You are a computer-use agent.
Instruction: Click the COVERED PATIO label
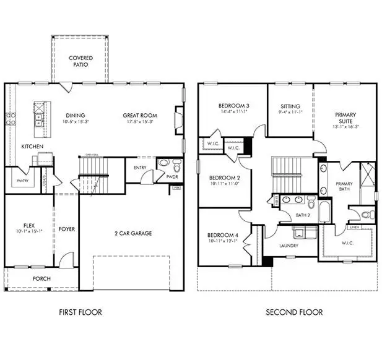(x=81, y=61)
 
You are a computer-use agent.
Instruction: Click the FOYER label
(x=66, y=229)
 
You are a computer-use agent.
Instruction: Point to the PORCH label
(x=41, y=278)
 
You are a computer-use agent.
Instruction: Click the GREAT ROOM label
(x=139, y=115)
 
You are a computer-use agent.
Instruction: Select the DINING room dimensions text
(x=76, y=122)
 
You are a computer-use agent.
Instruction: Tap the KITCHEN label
(x=32, y=147)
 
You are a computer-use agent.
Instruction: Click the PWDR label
(x=173, y=176)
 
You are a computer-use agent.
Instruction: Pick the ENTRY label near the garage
(x=140, y=167)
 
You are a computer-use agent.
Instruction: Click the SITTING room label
(x=290, y=106)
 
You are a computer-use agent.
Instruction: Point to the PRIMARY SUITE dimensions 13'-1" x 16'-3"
(x=345, y=126)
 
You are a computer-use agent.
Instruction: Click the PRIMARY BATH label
(x=344, y=187)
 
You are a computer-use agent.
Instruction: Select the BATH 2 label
(x=302, y=215)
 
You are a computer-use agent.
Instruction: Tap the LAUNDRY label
(x=289, y=246)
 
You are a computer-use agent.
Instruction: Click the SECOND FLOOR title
(x=294, y=312)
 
